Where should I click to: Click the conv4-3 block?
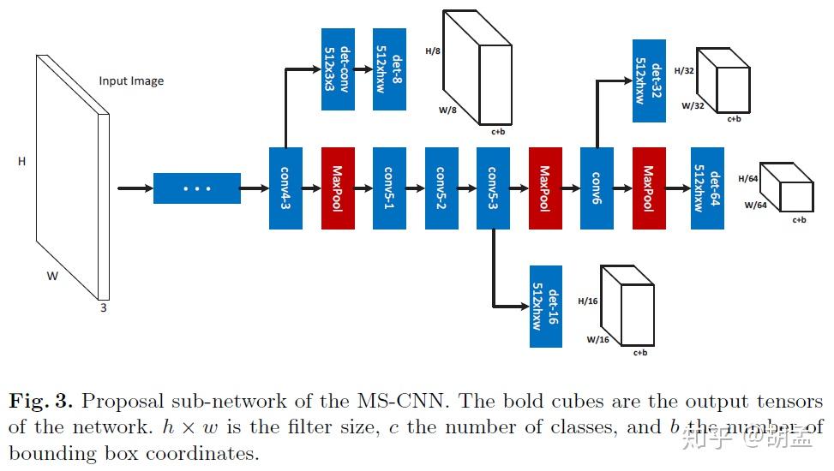285,188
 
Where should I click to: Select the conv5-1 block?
389,188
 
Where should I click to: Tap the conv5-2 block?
441,188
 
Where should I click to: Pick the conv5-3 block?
493,188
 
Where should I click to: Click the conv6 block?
597,188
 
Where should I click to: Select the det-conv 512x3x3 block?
338,69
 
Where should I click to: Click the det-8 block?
389,69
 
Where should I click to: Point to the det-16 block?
546,305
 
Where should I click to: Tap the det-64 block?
707,188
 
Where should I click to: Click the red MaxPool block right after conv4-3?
338,188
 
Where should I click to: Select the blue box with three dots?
196,188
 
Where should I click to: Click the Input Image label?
131,81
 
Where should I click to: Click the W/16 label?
597,340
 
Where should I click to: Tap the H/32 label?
685,71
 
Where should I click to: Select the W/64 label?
755,205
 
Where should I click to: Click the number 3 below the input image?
104,308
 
